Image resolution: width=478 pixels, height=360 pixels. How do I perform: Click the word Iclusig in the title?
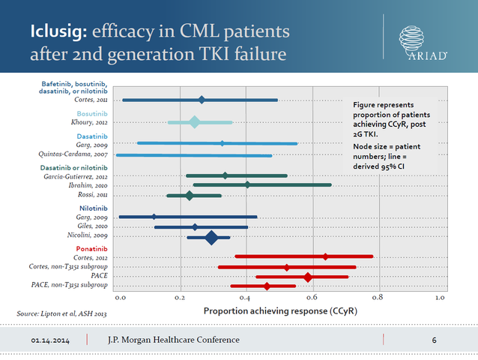57,32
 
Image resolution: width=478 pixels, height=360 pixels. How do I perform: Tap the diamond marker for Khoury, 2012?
195,122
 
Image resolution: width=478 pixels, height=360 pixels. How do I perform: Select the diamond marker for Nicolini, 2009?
212,238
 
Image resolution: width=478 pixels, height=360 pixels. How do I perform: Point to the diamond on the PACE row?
308,277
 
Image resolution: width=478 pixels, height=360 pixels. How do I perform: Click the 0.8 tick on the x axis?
376,298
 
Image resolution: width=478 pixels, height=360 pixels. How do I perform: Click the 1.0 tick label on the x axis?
441,298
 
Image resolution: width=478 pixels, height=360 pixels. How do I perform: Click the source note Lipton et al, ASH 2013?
53,313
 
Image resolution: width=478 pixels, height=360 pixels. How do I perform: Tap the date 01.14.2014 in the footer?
52,340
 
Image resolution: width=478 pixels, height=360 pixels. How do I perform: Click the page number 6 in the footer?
435,340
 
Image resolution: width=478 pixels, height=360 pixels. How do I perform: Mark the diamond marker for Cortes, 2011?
202,100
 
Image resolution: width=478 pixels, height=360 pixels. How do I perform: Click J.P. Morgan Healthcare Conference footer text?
174,340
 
